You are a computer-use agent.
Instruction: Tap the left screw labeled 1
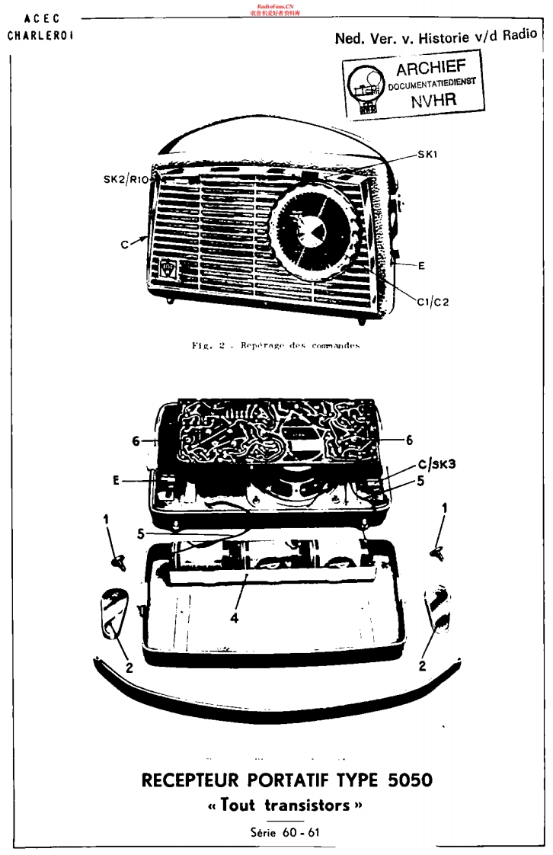click(x=118, y=562)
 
